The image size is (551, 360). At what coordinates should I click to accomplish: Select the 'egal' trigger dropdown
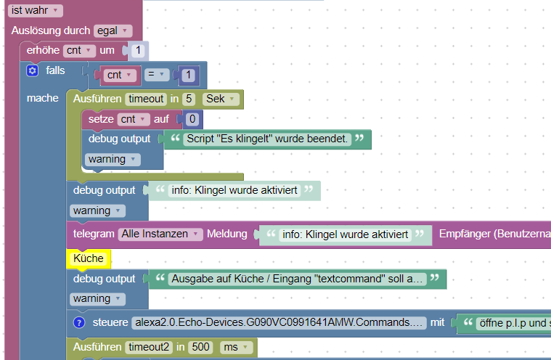click(x=113, y=30)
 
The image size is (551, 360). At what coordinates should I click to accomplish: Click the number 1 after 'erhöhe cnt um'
click(x=139, y=50)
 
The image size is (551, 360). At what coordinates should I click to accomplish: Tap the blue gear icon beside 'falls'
click(x=32, y=70)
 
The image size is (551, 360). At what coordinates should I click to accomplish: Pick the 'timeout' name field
click(x=145, y=99)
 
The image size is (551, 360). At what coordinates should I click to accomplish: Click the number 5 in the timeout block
click(x=189, y=99)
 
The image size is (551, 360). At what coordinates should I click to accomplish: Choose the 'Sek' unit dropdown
click(x=220, y=99)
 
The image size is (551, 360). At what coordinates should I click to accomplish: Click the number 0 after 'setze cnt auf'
click(x=192, y=119)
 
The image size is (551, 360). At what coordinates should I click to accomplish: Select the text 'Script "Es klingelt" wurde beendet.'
click(x=267, y=138)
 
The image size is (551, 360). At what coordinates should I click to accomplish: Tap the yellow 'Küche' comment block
click(x=88, y=258)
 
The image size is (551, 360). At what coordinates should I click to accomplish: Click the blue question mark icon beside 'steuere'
click(x=79, y=322)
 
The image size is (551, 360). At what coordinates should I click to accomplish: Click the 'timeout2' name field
click(x=150, y=348)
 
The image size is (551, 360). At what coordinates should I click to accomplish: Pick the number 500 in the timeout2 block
click(x=200, y=348)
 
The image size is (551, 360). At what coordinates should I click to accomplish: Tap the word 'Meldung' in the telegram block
click(x=227, y=234)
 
